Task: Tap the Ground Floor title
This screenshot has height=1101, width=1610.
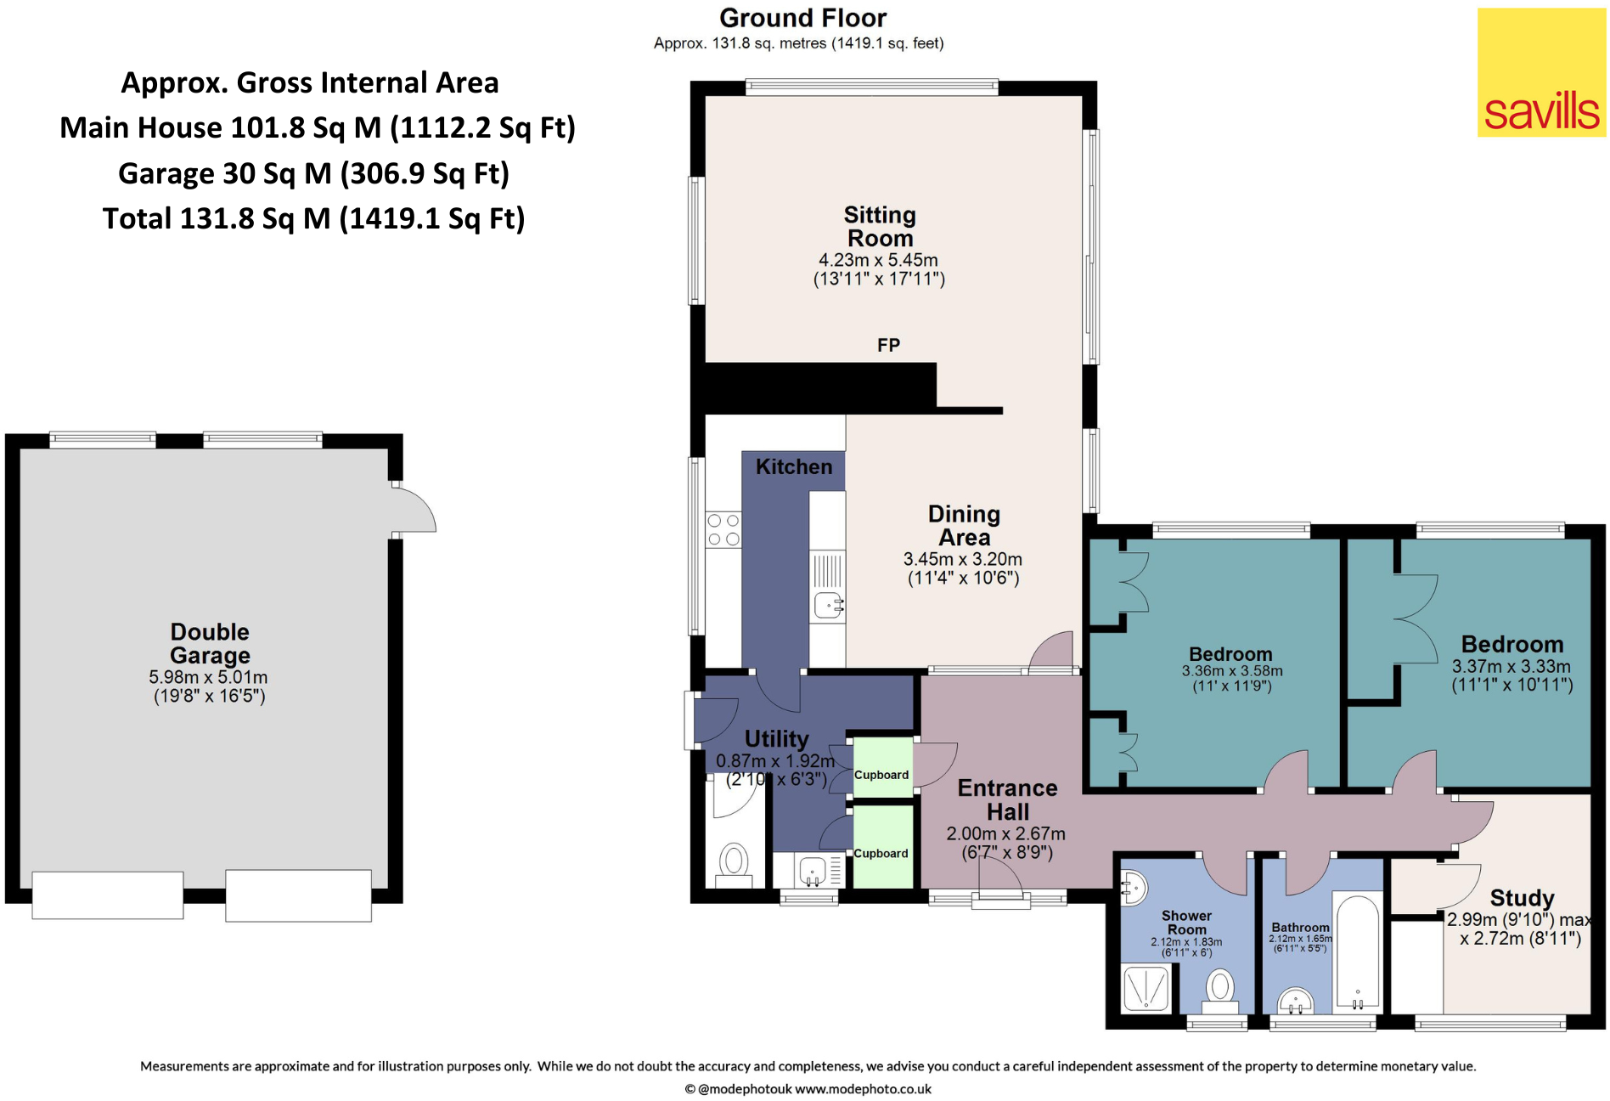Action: click(x=802, y=18)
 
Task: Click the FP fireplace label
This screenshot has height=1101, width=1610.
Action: click(x=888, y=345)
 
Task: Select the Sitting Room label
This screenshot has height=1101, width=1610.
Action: click(x=880, y=226)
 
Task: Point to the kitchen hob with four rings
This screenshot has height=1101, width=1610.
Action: click(x=723, y=529)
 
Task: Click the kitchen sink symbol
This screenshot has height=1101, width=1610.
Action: click(x=829, y=605)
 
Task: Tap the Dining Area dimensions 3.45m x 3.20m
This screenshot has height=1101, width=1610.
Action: click(x=962, y=559)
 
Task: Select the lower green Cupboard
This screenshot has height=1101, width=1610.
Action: click(x=882, y=845)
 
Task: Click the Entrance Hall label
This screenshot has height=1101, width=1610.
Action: click(x=1007, y=799)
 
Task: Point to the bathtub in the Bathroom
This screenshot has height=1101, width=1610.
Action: click(x=1357, y=951)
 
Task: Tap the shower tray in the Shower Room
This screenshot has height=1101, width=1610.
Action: click(x=1146, y=988)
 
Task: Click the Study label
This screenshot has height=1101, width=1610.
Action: click(x=1522, y=898)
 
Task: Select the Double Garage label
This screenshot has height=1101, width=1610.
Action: click(x=210, y=643)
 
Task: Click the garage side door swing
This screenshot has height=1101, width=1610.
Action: click(x=414, y=510)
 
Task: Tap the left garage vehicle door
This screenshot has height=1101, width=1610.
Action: click(x=108, y=895)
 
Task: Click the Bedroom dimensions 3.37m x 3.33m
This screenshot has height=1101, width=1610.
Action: click(x=1511, y=666)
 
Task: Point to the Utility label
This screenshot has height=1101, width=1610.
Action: click(x=776, y=738)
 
